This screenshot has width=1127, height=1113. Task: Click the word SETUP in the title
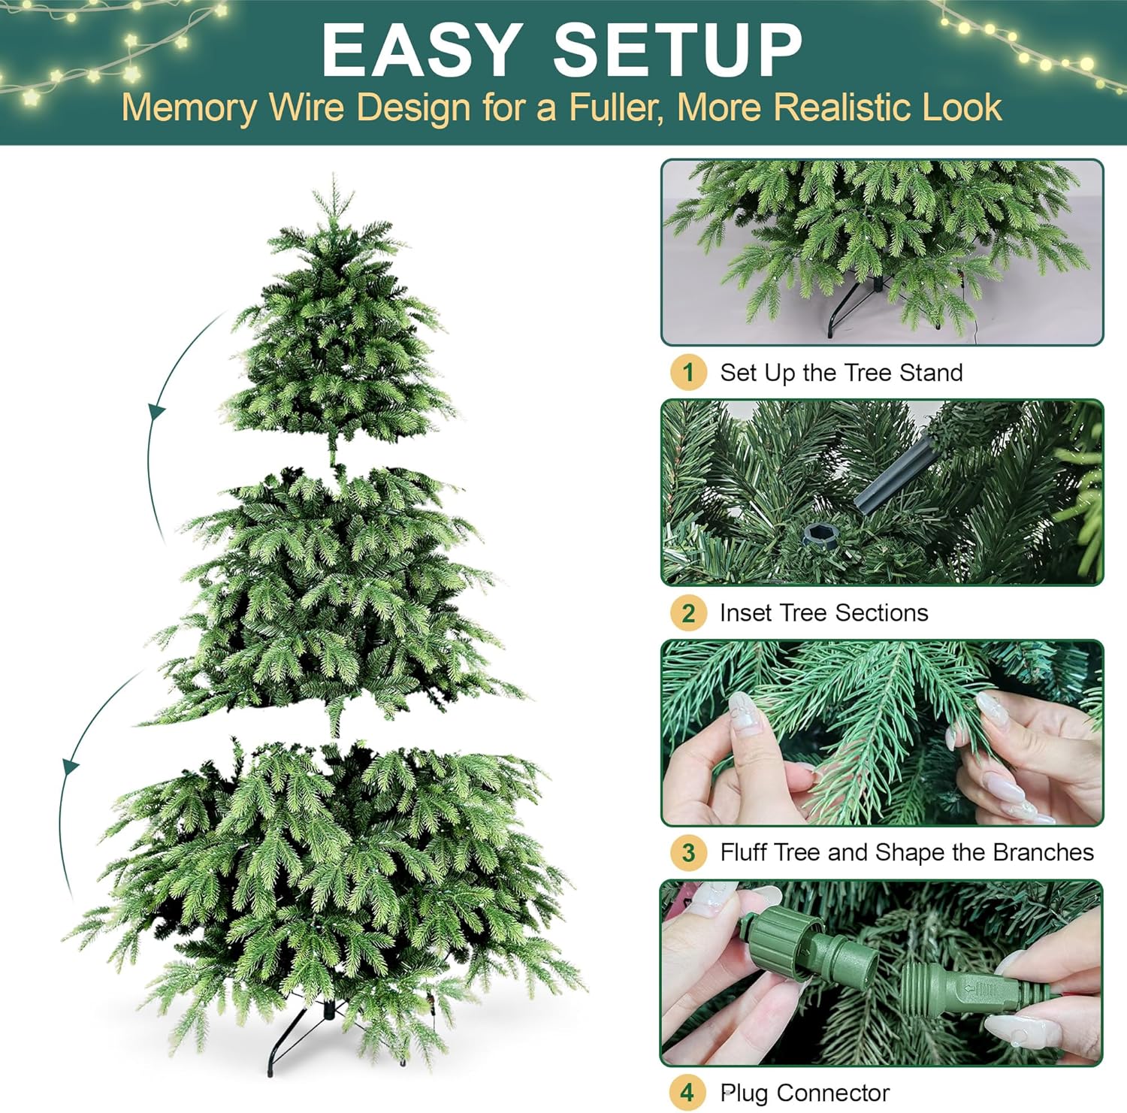pyautogui.click(x=678, y=50)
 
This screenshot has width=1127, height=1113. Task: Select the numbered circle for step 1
pyautogui.click(x=688, y=372)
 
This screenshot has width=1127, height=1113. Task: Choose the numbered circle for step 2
pyautogui.click(x=688, y=612)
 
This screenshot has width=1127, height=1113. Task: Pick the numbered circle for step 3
pyautogui.click(x=688, y=852)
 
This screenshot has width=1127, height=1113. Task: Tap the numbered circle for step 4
pyautogui.click(x=687, y=1092)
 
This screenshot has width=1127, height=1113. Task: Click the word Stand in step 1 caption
pyautogui.click(x=931, y=373)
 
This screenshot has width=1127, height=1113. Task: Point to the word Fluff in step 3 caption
pyautogui.click(x=743, y=852)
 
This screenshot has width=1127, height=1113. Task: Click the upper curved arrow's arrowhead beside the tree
pyautogui.click(x=156, y=411)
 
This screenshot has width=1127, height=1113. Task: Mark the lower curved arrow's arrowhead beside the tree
pyautogui.click(x=70, y=767)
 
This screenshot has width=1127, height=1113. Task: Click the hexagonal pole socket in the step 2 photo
pyautogui.click(x=817, y=536)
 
